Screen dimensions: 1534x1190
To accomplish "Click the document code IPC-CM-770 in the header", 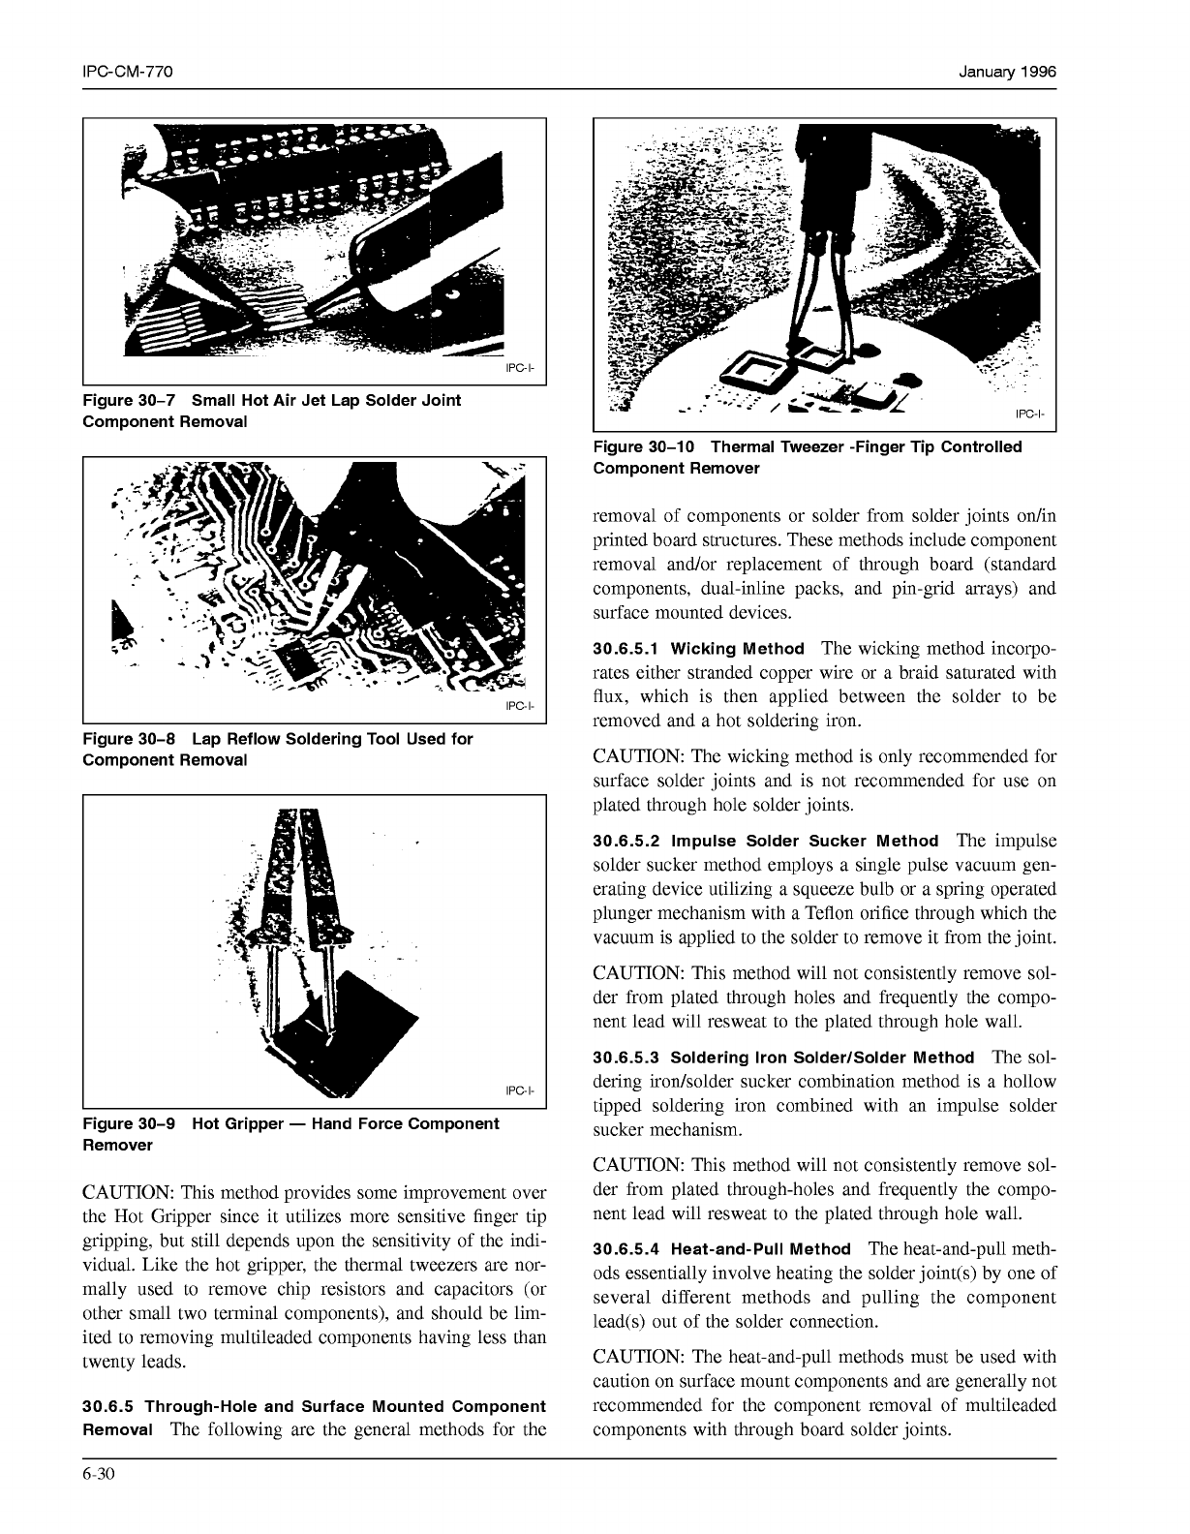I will pos(128,73).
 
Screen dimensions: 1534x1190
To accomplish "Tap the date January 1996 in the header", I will pos(1007,73).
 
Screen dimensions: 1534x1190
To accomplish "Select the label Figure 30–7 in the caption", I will pos(130,400).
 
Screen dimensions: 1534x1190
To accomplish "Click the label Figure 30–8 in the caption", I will pos(130,739).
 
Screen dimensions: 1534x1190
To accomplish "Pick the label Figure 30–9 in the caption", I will pos(130,1123).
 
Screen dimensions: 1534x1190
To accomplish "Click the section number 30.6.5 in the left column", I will pos(109,1406).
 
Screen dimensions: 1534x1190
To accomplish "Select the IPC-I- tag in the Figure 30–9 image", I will pos(519,1091).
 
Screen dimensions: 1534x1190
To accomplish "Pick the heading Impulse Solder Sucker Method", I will pos(805,842).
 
